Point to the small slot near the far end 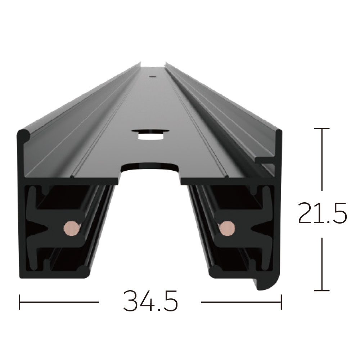point(152,76)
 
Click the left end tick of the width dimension point(19,302)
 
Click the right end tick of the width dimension point(281,302)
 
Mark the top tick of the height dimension point(321,129)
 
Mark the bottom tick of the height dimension point(321,290)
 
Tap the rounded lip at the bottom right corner point(268,284)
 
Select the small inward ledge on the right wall point(265,158)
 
